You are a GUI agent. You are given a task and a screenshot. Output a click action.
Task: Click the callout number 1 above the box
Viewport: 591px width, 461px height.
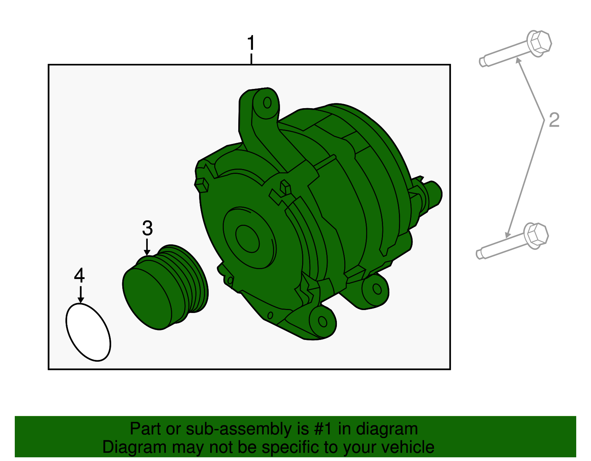(x=251, y=43)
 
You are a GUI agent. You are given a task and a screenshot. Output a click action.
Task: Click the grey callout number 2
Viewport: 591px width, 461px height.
(x=554, y=120)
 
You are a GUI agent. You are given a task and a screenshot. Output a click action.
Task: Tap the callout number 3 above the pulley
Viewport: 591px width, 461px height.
(x=147, y=228)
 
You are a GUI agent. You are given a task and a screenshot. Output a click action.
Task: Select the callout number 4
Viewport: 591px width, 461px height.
(x=79, y=275)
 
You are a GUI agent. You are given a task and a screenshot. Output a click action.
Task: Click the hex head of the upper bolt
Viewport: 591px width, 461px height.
(x=539, y=42)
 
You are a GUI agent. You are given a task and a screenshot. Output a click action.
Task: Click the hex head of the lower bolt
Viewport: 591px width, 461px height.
(x=536, y=235)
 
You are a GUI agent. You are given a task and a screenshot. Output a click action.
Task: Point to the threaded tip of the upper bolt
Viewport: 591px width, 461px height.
(x=483, y=62)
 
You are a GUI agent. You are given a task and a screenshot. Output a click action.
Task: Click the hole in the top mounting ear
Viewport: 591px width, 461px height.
(x=267, y=103)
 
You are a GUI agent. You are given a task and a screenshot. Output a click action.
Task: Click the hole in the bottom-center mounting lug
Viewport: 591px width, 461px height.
(x=322, y=321)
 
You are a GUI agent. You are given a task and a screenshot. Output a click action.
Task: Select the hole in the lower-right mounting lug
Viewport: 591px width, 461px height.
(x=377, y=289)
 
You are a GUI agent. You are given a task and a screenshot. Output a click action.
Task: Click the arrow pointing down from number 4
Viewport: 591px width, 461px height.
(x=80, y=295)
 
